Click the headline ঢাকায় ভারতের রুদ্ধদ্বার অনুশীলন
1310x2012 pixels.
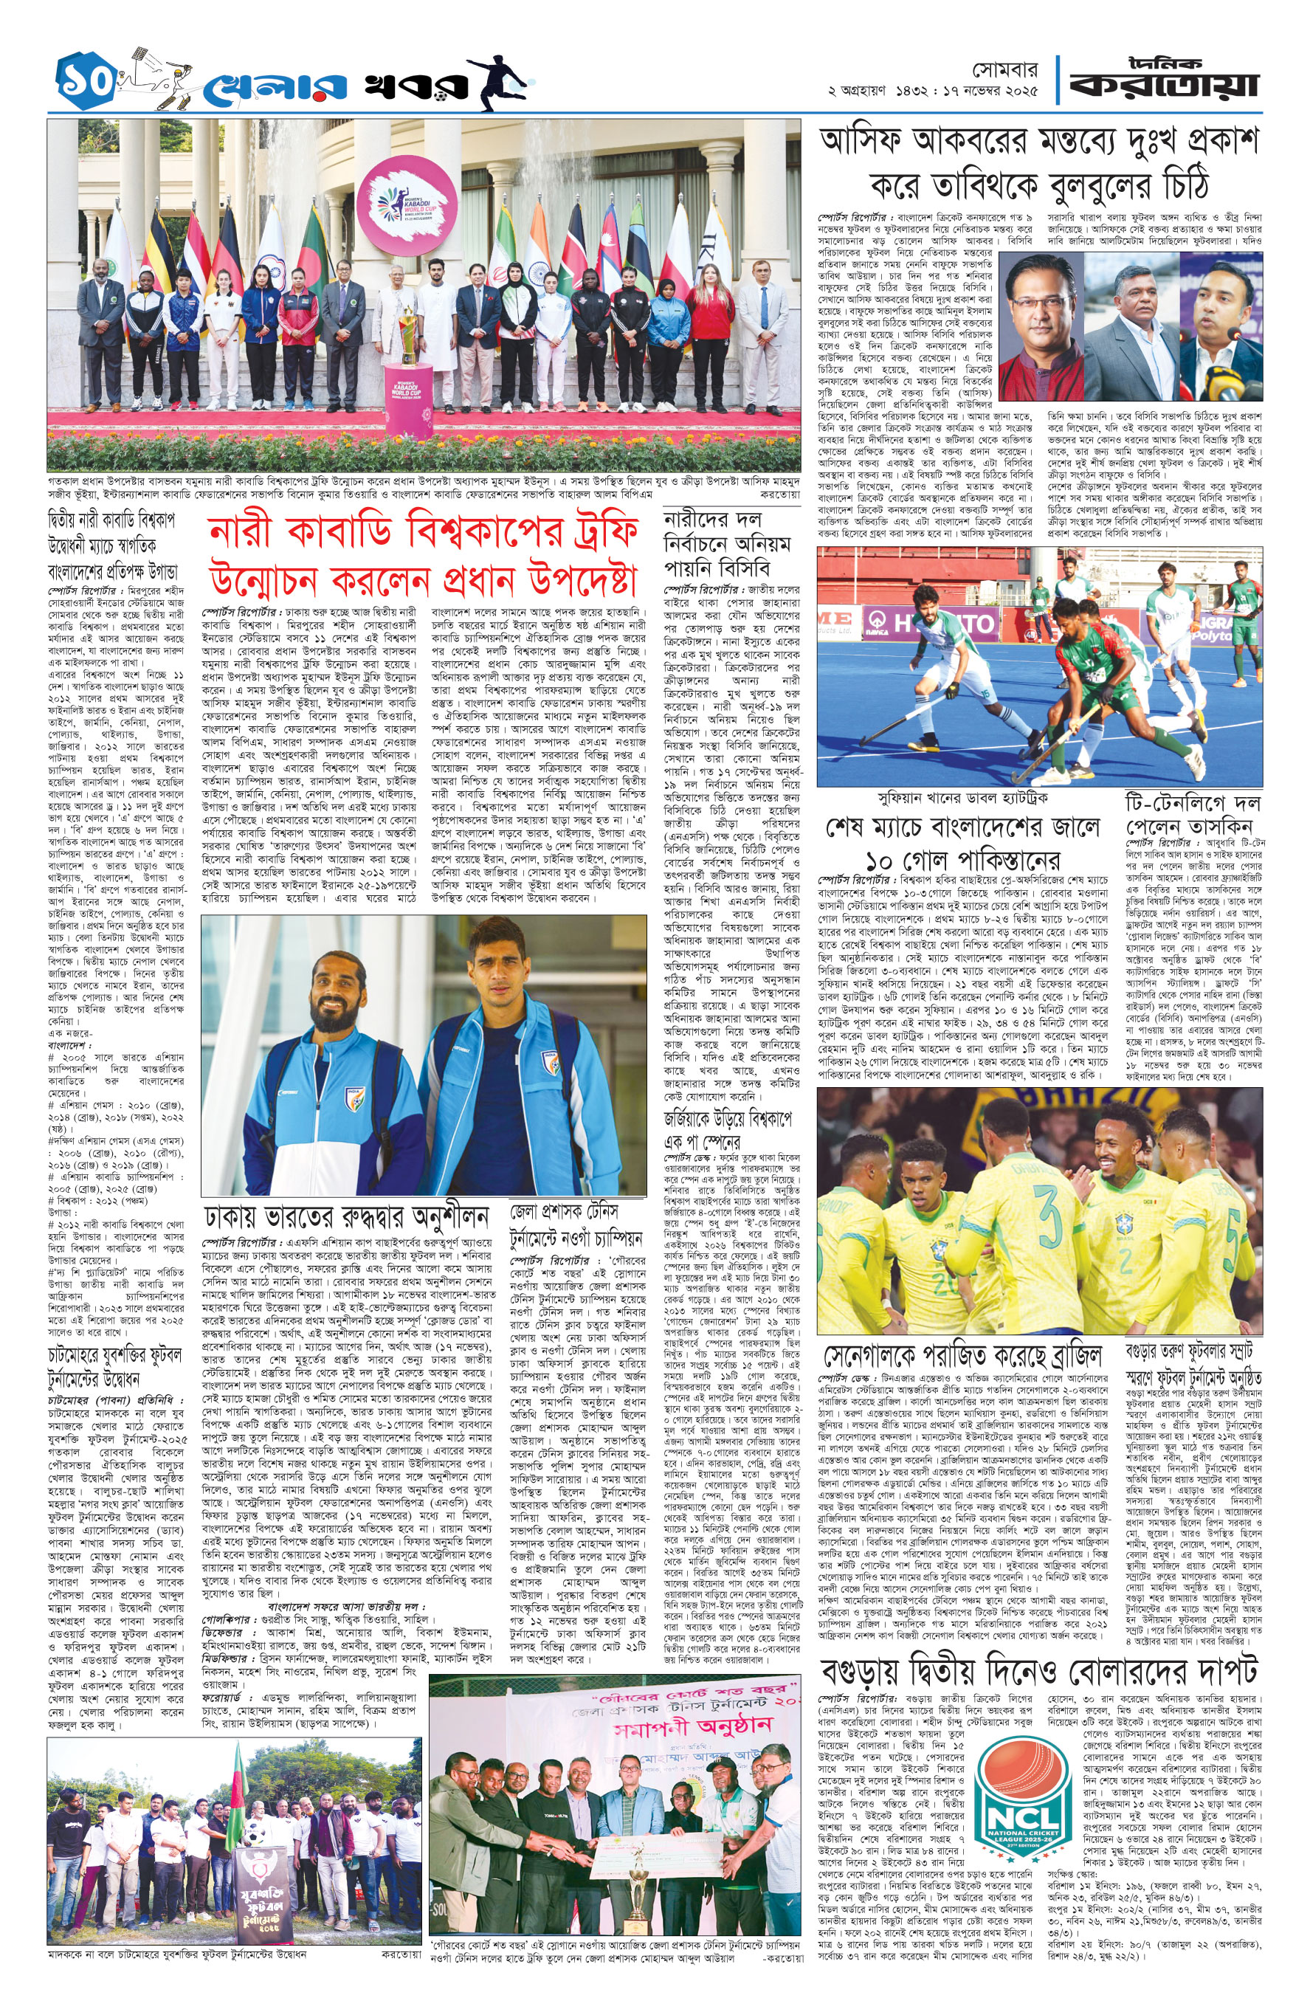click(x=347, y=1217)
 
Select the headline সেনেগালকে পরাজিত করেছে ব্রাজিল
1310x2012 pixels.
click(x=963, y=1354)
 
